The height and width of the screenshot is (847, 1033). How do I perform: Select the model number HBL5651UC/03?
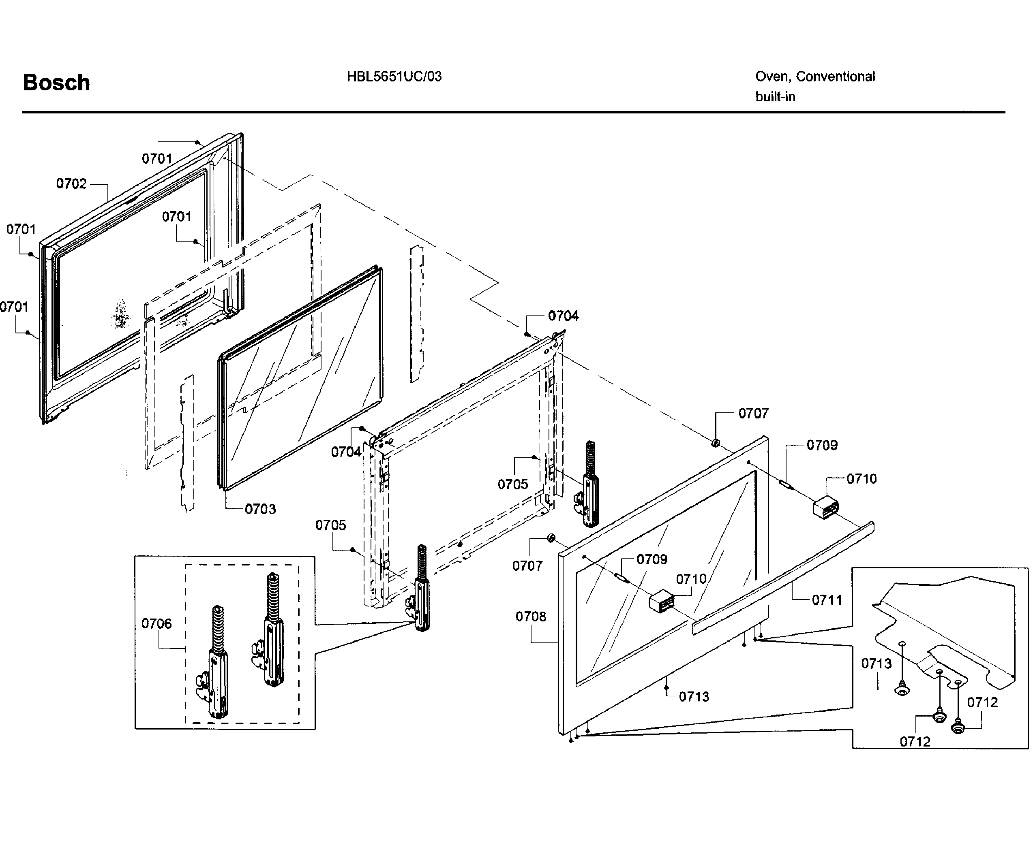coord(394,77)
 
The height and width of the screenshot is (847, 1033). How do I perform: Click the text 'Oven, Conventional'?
coord(815,77)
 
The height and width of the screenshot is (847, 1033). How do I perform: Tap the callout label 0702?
coord(71,183)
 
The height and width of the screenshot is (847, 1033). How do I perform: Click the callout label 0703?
coord(260,509)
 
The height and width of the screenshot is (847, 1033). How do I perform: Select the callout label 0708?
coord(531,617)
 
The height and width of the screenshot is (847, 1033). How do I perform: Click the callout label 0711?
coord(827,600)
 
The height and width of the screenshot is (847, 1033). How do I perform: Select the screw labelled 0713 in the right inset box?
coord(902,690)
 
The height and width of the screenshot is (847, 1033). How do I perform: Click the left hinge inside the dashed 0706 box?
coord(218,664)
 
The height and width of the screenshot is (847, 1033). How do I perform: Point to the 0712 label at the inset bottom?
coord(915,742)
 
